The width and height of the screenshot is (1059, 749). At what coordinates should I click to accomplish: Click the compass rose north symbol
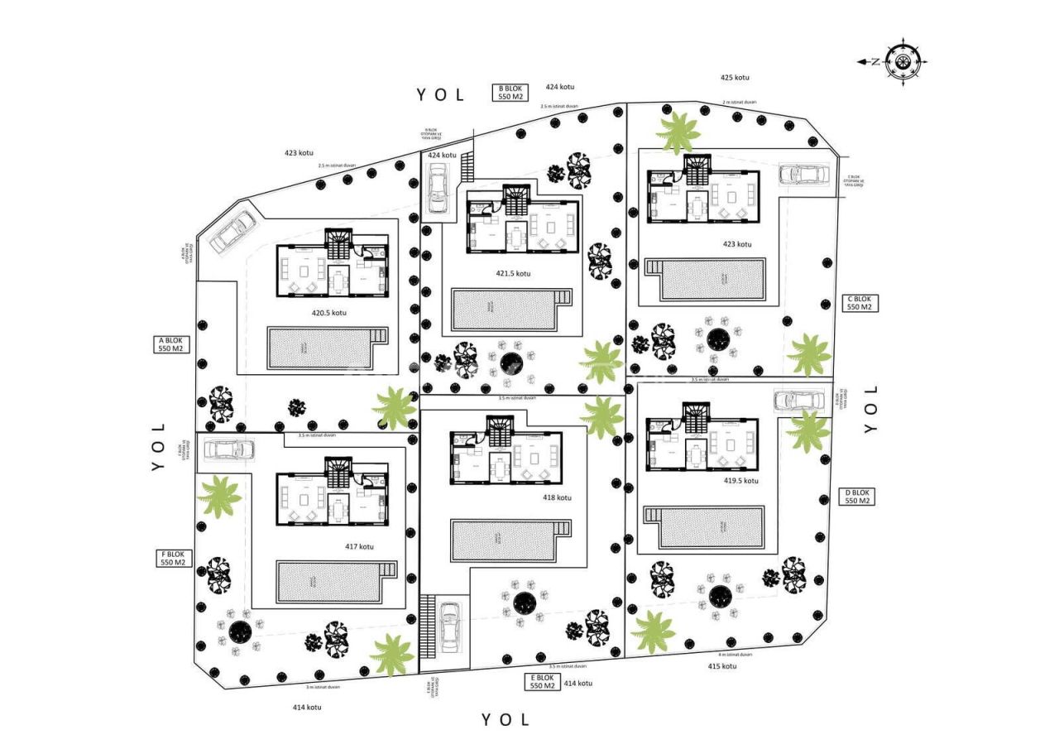pos(901,61)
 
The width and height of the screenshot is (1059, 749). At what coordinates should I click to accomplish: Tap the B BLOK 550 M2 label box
pos(510,92)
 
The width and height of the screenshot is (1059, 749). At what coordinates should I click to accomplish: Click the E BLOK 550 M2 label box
pos(542,682)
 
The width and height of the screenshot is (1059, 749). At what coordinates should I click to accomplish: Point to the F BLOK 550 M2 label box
pos(174,558)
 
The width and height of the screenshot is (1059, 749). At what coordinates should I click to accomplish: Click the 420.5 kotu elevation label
pos(328,313)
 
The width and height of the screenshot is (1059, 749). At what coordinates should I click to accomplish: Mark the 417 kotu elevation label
pos(359,546)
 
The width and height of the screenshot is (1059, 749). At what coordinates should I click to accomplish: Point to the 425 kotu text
pos(734,77)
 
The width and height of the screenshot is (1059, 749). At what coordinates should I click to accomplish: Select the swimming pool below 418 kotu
pos(505,539)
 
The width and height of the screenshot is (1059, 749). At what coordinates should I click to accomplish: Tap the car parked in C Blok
pos(803,175)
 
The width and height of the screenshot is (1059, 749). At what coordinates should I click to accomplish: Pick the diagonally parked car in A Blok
pos(233,233)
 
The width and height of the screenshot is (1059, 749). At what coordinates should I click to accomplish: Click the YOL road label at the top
pos(441,94)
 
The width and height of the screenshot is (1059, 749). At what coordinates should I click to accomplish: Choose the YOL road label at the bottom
pos(506,719)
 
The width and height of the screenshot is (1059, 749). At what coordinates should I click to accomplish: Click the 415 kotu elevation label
pos(721,666)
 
